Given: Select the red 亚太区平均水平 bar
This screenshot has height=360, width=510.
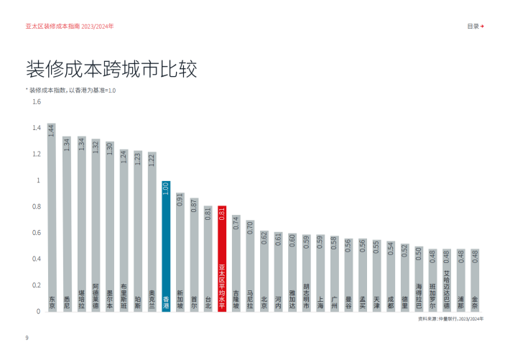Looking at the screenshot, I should pos(222,259).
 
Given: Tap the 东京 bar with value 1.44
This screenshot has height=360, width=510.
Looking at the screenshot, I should pos(52,216).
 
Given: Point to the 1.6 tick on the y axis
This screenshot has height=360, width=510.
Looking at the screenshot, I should pos(36,101).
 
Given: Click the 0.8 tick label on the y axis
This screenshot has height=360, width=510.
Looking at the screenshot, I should pos(36,206).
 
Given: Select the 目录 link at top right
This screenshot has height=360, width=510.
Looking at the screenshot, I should pos(475,26).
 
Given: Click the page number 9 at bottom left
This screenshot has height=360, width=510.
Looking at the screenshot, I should pos(27,337).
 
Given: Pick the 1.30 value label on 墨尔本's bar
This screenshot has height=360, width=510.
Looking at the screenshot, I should pos(110,148).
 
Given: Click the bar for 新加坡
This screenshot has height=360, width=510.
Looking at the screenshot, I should pos(180,251).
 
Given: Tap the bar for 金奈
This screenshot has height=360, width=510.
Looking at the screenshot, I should pos(474,280).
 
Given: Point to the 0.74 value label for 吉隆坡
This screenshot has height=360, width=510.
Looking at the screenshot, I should pos(236,222).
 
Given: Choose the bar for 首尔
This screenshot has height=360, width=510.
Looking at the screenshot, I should pos(194,254).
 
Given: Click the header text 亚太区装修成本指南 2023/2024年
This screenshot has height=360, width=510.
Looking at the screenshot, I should pos(69,26).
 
